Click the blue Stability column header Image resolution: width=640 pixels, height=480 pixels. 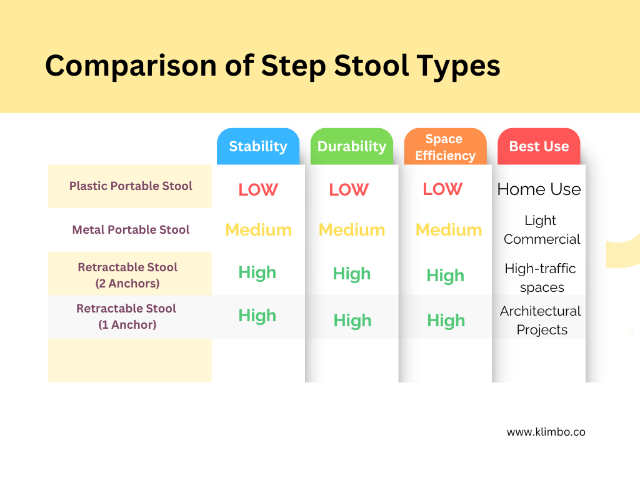pos(258,147)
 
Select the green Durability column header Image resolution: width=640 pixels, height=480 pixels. pos(352,147)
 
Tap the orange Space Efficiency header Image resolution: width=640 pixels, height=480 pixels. pos(445,147)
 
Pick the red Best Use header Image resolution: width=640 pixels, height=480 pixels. pos(539,147)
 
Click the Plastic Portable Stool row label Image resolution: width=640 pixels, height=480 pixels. pos(131,186)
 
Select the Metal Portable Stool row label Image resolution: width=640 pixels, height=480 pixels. pos(131,230)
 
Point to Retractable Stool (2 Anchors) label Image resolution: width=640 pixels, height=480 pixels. pos(127,275)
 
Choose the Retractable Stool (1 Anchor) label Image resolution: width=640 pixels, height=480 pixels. pos(126,316)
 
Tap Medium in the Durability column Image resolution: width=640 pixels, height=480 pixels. pos(352,230)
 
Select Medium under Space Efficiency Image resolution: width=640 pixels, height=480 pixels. pos(449,230)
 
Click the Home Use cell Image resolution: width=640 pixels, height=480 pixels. pos(539,189)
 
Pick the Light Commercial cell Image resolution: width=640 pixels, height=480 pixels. pos(541,230)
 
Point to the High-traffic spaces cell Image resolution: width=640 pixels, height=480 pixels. pos(541,278)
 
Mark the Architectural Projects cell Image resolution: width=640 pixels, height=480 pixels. pos(541,320)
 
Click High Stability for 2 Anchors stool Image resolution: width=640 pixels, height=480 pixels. pos(257,272)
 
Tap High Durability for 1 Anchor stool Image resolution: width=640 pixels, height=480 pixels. pos(352,321)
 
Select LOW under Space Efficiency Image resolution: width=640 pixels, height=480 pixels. pos(442,189)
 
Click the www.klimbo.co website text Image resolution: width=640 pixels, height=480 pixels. pos(546,432)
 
